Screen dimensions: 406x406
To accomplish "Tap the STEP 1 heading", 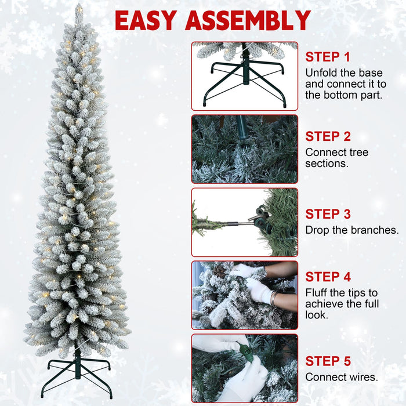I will coord(328,57).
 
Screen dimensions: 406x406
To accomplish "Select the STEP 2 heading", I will coord(328,137).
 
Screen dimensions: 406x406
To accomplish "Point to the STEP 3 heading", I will coord(328,215).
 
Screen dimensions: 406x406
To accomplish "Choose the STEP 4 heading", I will coord(328,277).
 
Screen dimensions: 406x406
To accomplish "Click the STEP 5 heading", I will coord(328,361).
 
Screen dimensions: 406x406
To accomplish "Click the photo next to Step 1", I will coord(244,75).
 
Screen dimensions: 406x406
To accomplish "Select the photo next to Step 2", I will coord(244,149).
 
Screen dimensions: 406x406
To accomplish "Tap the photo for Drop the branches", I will coord(244,222).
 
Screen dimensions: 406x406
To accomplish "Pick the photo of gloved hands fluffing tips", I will coord(244,295).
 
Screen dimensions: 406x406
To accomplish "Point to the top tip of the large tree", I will coord(79,7).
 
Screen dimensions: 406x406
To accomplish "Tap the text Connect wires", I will coord(342,378).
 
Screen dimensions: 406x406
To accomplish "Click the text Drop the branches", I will coord(351,230).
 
